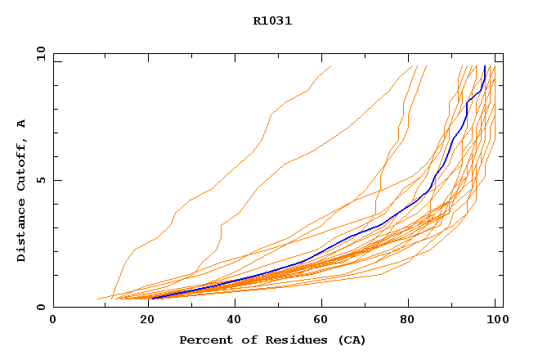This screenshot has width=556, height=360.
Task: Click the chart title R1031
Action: (x=272, y=21)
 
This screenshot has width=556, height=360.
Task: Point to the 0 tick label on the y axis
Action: (x=41, y=308)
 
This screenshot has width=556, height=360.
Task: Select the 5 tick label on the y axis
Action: (x=41, y=180)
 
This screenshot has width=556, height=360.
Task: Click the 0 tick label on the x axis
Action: (x=53, y=320)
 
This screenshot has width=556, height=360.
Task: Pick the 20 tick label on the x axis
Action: (x=142, y=320)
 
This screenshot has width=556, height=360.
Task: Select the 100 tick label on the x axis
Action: (x=495, y=320)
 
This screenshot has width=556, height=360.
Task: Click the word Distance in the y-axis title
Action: (x=21, y=232)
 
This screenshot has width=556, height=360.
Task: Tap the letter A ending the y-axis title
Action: (x=21, y=124)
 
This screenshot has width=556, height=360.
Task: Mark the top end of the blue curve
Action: (x=485, y=67)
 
